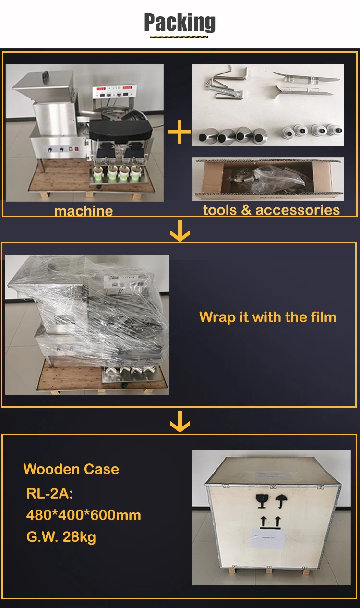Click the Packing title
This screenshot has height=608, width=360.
click(x=180, y=23)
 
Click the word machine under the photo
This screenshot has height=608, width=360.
click(x=84, y=210)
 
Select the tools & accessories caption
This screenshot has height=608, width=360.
click(x=271, y=210)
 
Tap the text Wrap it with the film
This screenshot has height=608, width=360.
click(x=267, y=317)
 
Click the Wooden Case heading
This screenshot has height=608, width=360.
click(x=71, y=469)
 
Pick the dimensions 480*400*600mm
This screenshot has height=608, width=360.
click(x=84, y=515)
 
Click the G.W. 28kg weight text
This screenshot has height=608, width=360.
click(x=61, y=536)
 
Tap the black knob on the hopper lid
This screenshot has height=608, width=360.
click(x=46, y=75)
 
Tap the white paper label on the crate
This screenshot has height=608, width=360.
click(x=271, y=537)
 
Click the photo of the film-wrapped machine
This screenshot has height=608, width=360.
click(x=87, y=325)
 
